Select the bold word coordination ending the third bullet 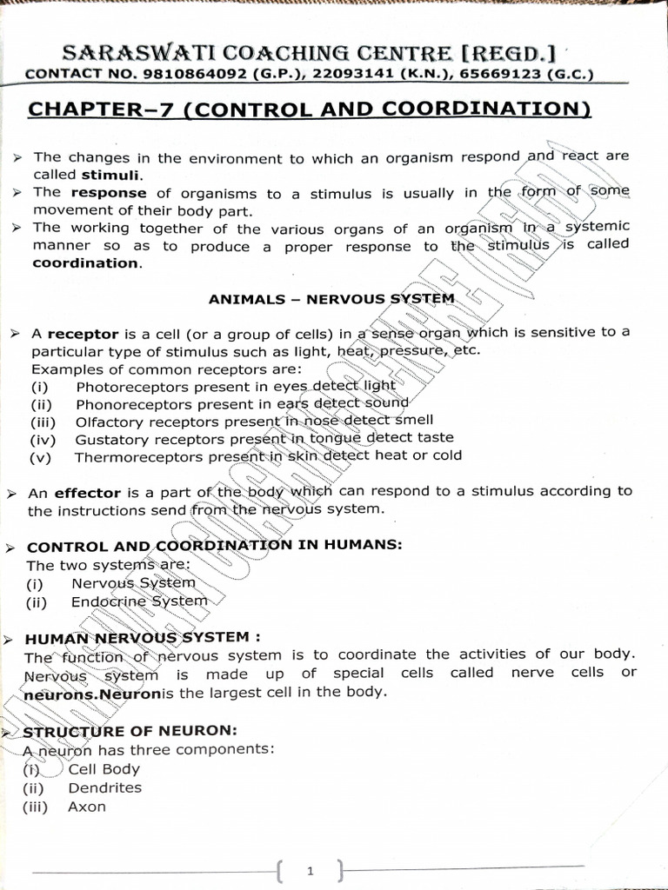coord(85,263)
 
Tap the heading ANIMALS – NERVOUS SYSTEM coord(331,299)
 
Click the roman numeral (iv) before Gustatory coord(43,439)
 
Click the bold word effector coord(87,493)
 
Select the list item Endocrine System coord(139,601)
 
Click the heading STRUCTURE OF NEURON coord(130,731)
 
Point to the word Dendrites coord(104,787)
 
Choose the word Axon coord(87,807)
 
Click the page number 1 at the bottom coord(310,870)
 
